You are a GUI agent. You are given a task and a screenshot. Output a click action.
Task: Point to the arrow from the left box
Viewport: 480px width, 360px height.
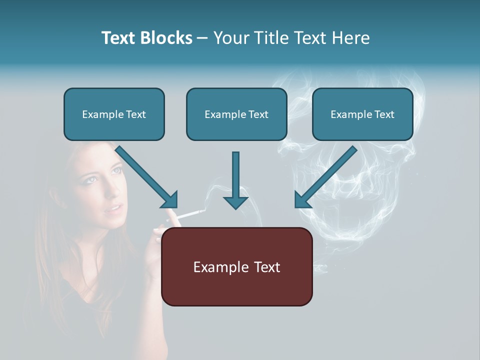147,177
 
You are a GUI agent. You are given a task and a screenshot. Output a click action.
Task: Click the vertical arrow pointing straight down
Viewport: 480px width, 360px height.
235,180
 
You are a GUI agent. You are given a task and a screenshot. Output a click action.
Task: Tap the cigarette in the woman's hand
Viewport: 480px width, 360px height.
188,215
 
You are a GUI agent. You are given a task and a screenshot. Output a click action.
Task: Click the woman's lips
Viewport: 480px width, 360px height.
114,208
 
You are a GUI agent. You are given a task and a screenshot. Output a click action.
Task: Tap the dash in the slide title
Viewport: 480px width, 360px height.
202,38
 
